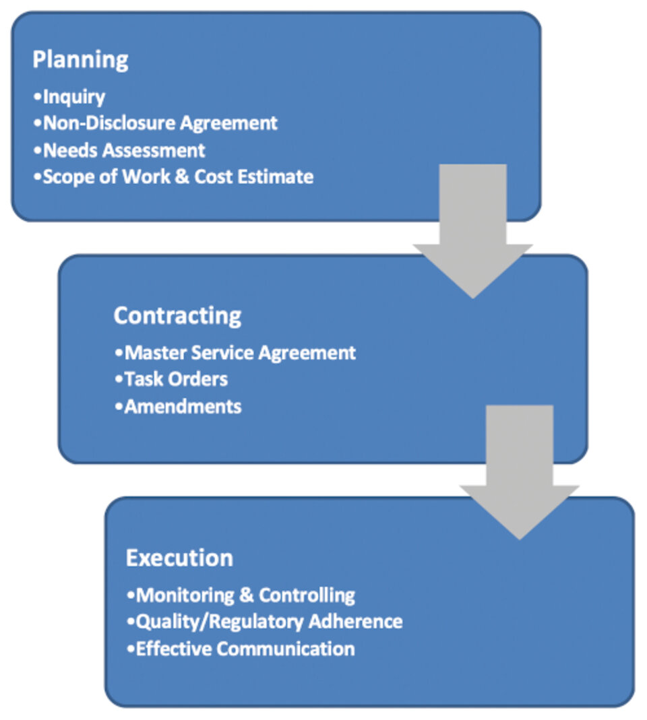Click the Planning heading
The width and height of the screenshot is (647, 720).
[80, 60]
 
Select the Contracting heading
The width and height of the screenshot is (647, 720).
[177, 316]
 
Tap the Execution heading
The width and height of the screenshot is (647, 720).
[179, 558]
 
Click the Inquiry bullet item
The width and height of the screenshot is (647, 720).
[69, 97]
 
